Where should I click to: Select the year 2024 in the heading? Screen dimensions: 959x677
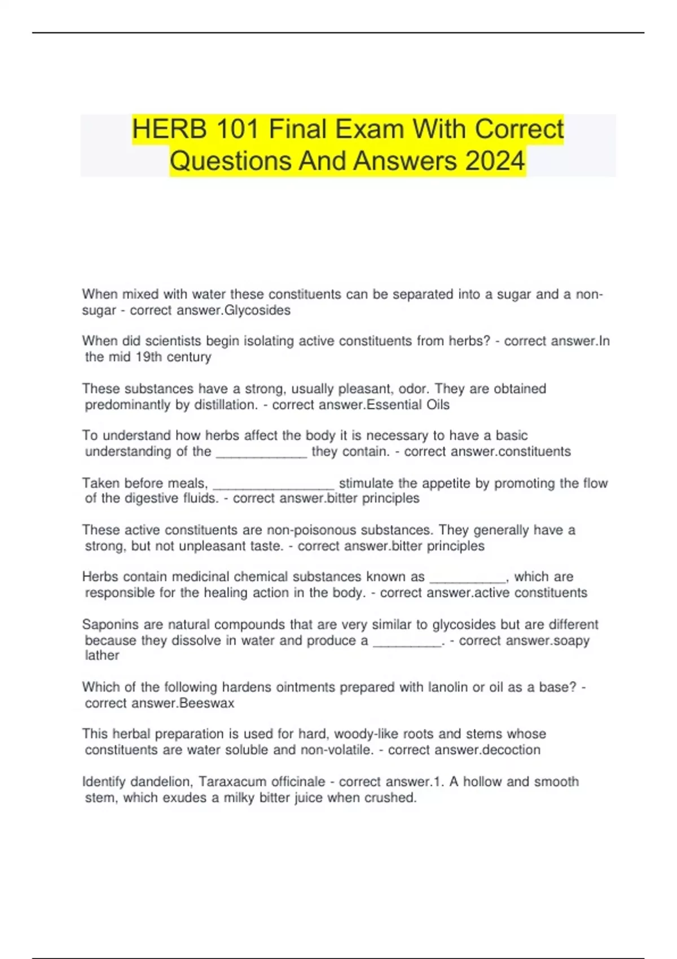click(495, 161)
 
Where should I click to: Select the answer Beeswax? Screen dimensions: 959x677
click(206, 703)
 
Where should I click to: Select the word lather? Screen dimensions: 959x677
click(102, 656)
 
